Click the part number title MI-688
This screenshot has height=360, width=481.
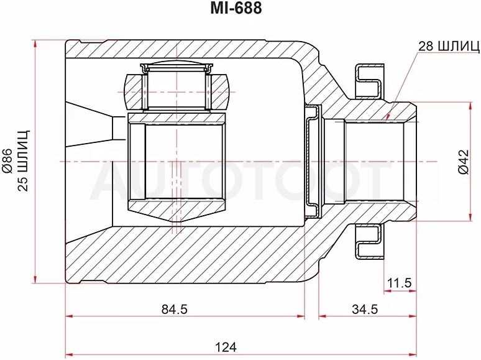pyautogui.click(x=236, y=9)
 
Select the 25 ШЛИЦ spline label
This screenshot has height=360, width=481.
pyautogui.click(x=23, y=160)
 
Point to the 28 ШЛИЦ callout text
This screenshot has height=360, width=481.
pyautogui.click(x=449, y=46)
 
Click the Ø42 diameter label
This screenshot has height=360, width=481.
pyautogui.click(x=464, y=162)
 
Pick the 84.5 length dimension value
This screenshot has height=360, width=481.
pyautogui.click(x=174, y=309)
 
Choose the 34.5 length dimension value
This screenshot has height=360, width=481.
pyautogui.click(x=365, y=309)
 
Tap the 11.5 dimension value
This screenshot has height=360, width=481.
pyautogui.click(x=399, y=282)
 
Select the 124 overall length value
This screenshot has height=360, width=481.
pyautogui.click(x=226, y=347)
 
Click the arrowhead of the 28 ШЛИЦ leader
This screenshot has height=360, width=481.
pyautogui.click(x=388, y=118)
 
